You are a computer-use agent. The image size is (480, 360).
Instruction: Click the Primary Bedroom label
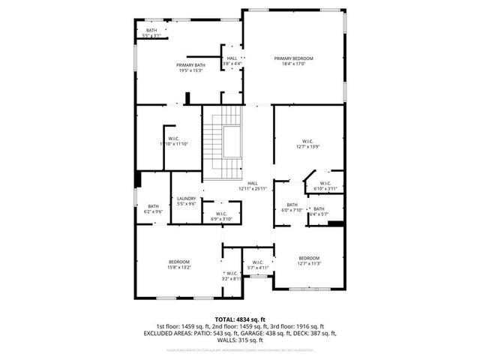(293, 61)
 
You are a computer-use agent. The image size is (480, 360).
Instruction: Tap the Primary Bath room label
(190, 68)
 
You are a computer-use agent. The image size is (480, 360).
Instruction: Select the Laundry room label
(187, 201)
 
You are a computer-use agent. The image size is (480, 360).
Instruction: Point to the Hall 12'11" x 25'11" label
(253, 186)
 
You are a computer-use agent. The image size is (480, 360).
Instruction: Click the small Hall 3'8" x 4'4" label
(232, 61)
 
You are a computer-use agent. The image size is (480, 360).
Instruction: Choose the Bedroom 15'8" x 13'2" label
(178, 264)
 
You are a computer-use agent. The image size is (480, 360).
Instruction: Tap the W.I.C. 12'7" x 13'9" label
(308, 144)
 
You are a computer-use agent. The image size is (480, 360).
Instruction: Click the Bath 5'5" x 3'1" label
(151, 33)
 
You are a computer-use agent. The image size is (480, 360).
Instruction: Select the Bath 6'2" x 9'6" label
(153, 209)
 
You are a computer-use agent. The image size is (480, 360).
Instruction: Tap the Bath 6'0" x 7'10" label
(292, 207)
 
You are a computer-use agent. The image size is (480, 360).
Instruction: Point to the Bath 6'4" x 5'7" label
(319, 211)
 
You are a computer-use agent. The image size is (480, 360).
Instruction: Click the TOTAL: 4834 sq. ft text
(240, 319)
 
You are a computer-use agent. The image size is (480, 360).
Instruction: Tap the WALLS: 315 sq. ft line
(240, 340)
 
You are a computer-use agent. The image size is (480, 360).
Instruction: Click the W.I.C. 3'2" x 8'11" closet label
(231, 275)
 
